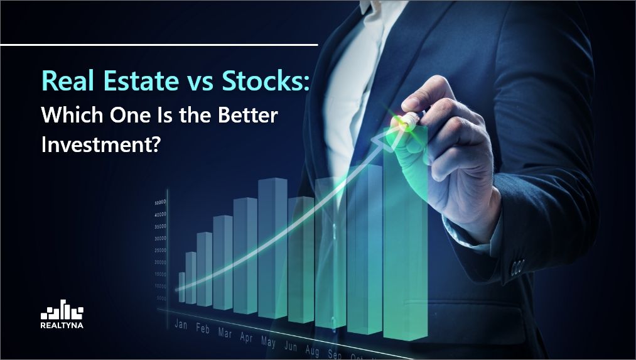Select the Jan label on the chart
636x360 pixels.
[x=181, y=325]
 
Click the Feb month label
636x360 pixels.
[x=203, y=329]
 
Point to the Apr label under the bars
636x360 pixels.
[x=246, y=337]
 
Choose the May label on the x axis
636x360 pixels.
[x=268, y=342]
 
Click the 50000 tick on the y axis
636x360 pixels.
[x=159, y=203]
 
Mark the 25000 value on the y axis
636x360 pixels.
[x=159, y=251]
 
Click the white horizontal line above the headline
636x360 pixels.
[x=159, y=45]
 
